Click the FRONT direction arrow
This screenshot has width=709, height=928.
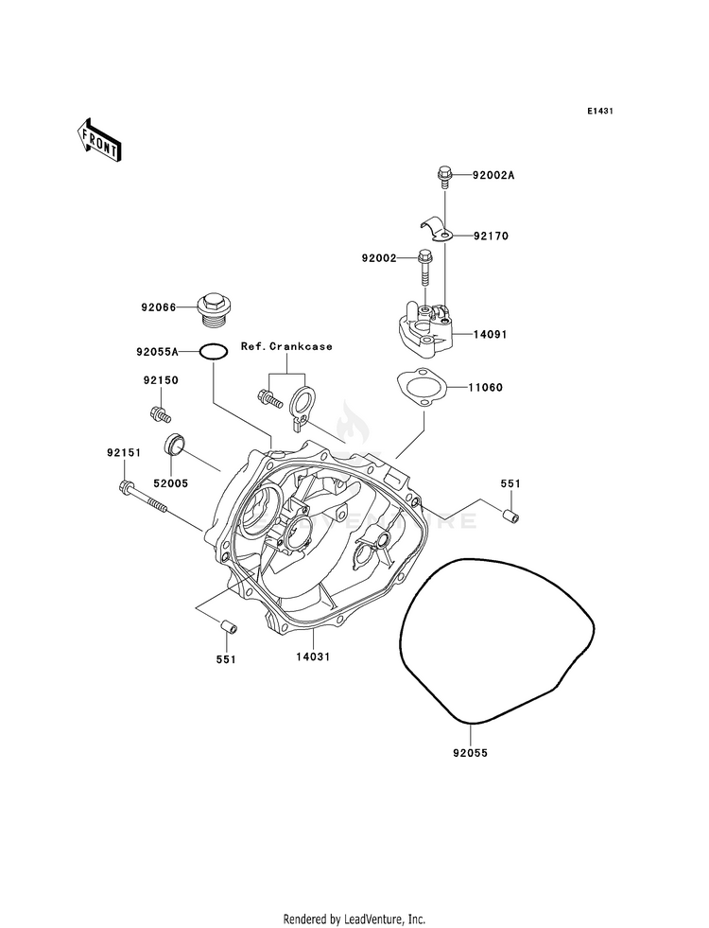click(x=98, y=140)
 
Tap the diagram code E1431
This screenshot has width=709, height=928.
click(x=599, y=112)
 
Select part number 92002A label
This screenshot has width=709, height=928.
click(x=493, y=176)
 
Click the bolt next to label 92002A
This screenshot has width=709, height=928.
click(x=444, y=178)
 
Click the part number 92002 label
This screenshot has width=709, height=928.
click(x=379, y=258)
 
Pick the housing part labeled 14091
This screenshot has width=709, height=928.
click(x=425, y=328)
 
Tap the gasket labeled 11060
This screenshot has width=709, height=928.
click(x=421, y=387)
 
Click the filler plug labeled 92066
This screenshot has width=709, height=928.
click(x=216, y=310)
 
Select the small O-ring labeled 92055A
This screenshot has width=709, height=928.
click(x=213, y=352)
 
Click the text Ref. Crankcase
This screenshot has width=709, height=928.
click(x=286, y=347)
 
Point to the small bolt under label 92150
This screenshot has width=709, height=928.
click(x=161, y=413)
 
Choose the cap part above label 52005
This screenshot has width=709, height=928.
click(x=174, y=444)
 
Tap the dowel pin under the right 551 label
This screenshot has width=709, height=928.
click(x=511, y=516)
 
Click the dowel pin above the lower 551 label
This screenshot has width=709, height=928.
click(x=227, y=625)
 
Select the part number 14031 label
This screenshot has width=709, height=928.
click(x=313, y=657)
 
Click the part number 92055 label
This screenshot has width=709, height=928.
click(x=471, y=753)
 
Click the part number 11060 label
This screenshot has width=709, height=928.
click(x=486, y=388)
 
